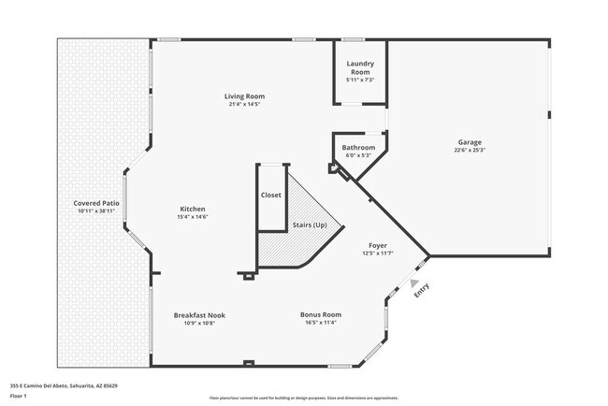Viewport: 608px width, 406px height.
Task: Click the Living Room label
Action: [244, 96]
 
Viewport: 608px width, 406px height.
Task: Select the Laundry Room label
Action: [361, 68]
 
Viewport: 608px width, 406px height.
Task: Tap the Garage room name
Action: [470, 142]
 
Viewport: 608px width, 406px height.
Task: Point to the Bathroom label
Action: [358, 148]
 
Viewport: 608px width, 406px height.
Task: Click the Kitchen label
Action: [193, 209]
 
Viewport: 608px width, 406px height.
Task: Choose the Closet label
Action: [271, 196]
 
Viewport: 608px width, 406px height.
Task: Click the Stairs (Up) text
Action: [310, 225]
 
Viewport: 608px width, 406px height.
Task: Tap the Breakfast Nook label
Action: [199, 315]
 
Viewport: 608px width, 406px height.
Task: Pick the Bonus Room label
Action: [320, 315]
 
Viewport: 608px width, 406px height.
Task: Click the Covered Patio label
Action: [96, 203]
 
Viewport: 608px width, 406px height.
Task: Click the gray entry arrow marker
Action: [414, 282]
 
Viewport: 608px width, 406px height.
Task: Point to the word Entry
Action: [422, 292]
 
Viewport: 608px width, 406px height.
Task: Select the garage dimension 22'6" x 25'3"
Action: [470, 150]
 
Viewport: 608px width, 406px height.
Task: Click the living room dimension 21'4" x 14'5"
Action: [244, 104]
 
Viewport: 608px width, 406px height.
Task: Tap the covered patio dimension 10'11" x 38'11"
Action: [96, 210]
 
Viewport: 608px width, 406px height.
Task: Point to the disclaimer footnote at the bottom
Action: [303, 398]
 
